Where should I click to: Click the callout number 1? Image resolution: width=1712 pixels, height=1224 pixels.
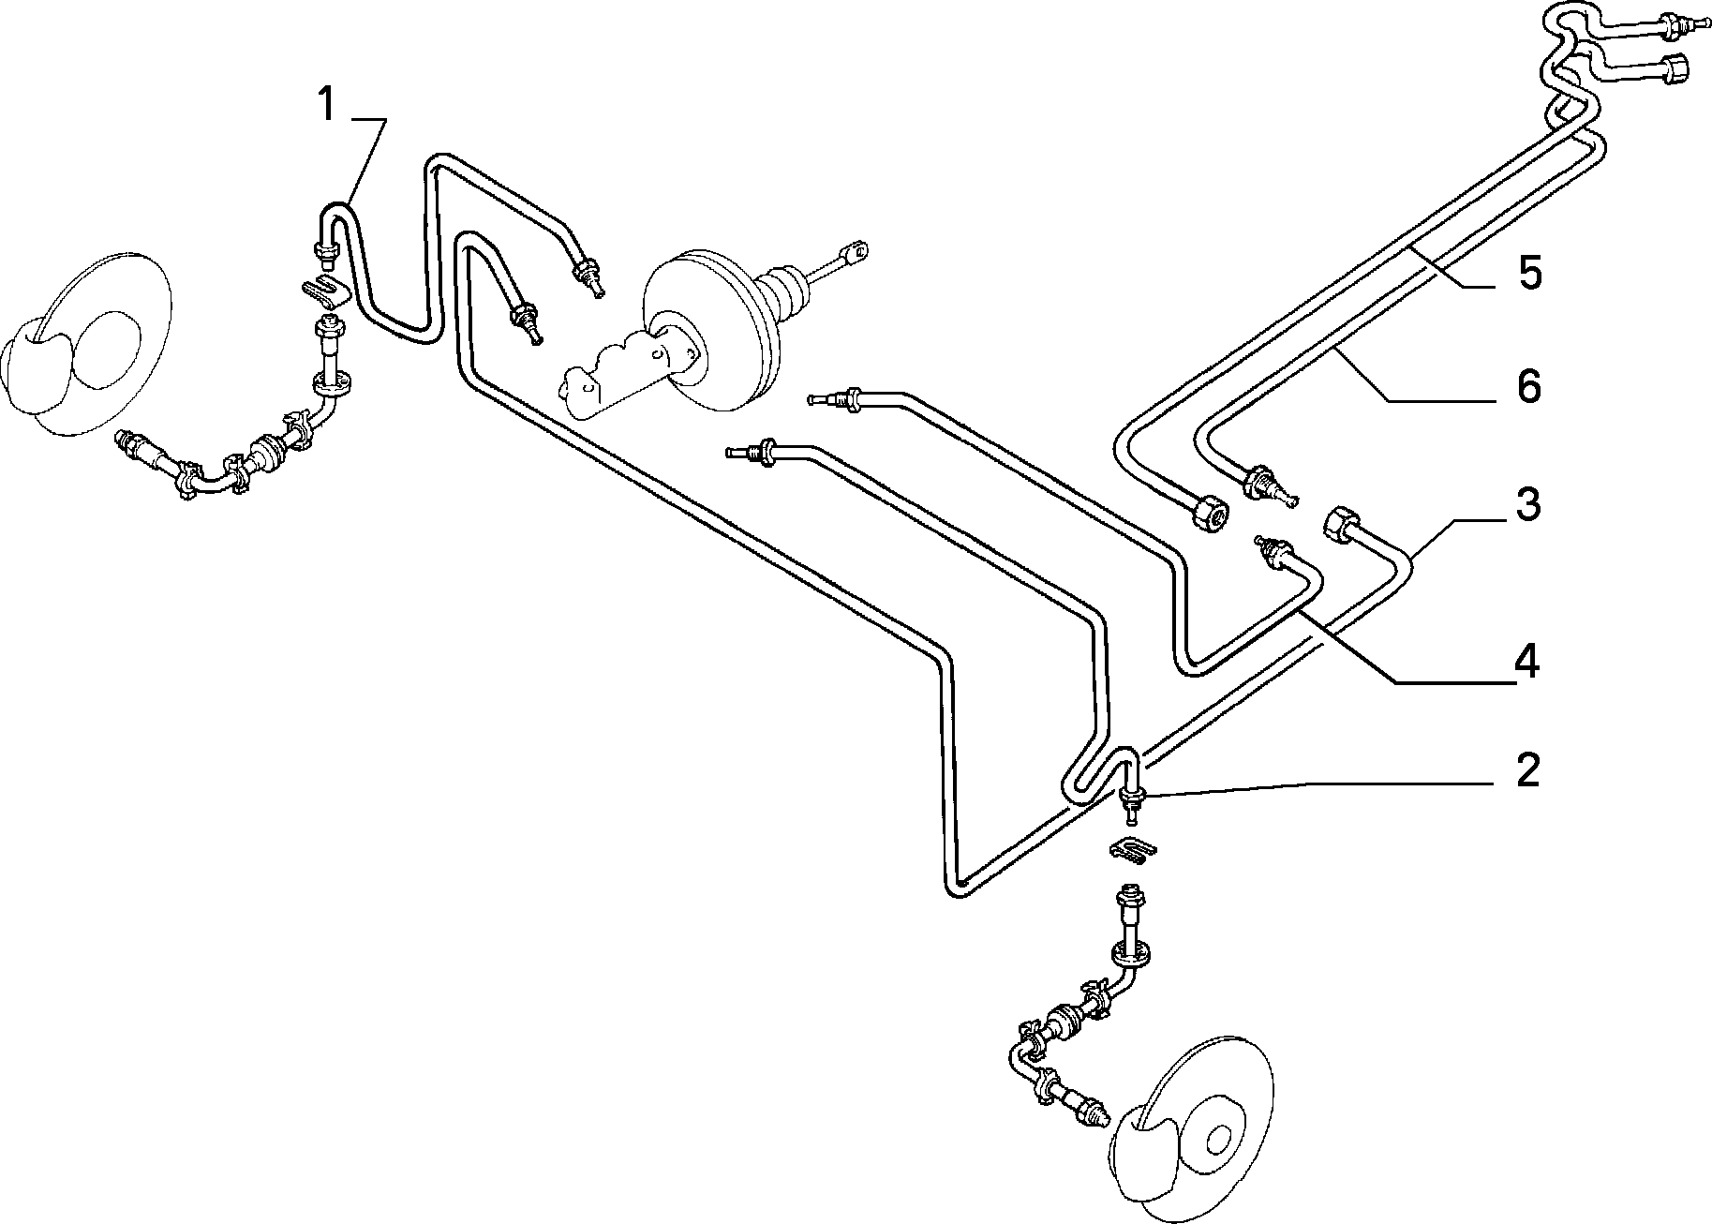coord(325,105)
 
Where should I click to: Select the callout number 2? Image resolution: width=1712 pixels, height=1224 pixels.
coord(1527,770)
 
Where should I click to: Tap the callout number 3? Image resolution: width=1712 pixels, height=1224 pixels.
coord(1527,505)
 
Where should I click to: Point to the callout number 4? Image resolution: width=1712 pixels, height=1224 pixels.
coord(1527,663)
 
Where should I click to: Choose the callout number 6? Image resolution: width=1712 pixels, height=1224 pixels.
coord(1528,386)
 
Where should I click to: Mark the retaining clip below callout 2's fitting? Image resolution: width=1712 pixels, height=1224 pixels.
coord(1133,850)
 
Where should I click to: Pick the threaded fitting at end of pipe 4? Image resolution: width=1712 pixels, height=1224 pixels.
coord(1272,552)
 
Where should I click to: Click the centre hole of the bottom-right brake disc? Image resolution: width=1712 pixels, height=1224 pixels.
coord(1219,1141)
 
